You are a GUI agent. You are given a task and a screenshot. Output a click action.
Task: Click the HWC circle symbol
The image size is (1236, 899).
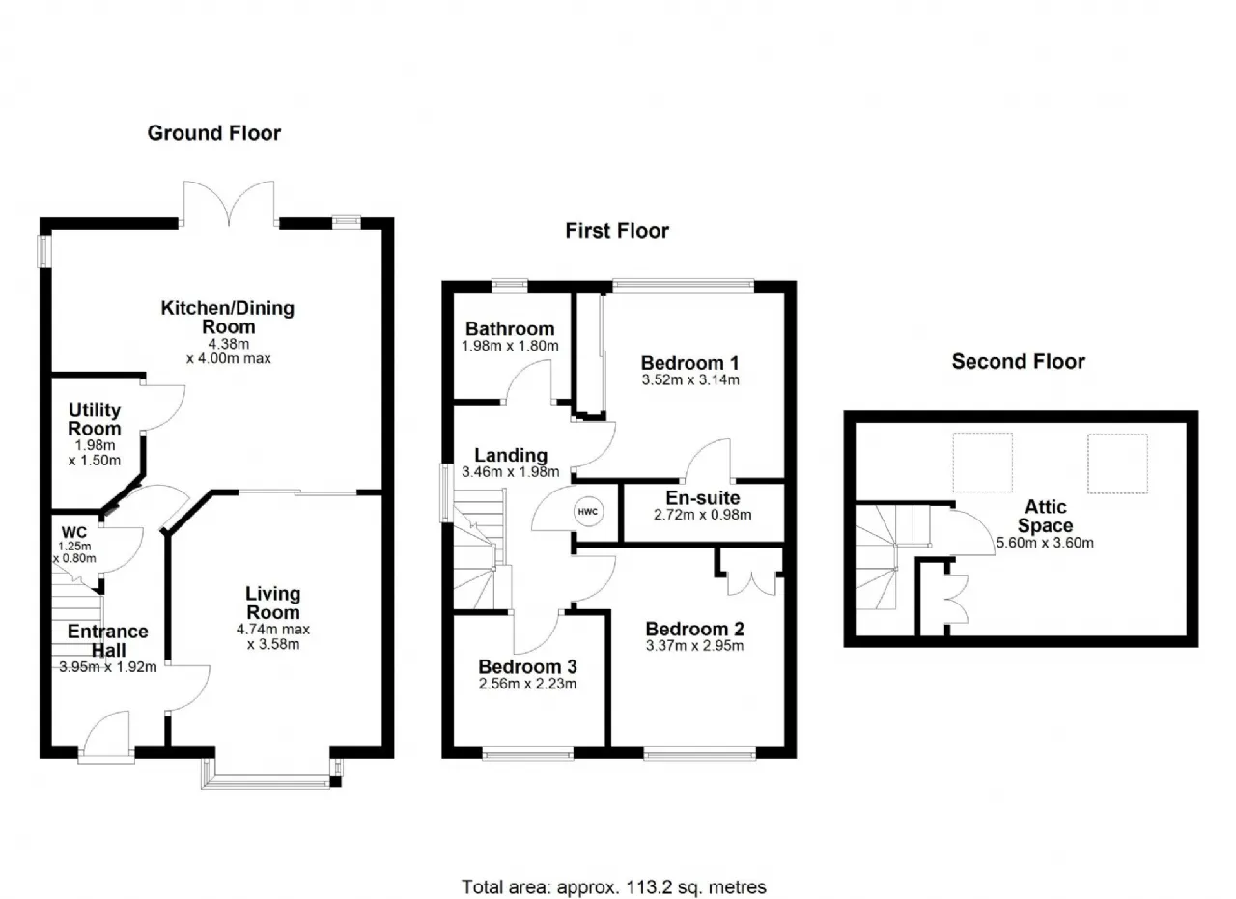pyautogui.click(x=588, y=511)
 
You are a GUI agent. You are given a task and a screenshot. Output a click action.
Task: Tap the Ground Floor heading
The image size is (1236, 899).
pyautogui.click(x=214, y=133)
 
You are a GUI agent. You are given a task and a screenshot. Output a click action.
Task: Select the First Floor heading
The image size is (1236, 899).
pyautogui.click(x=617, y=230)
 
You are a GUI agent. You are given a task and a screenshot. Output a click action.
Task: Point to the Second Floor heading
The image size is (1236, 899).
pyautogui.click(x=1018, y=361)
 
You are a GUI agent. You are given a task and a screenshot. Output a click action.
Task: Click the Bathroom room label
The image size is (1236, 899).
pyautogui.click(x=510, y=329)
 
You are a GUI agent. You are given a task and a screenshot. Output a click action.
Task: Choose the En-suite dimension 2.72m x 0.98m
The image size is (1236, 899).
pyautogui.click(x=702, y=515)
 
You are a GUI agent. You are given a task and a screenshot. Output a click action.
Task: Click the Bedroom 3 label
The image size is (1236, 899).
pyautogui.click(x=527, y=666)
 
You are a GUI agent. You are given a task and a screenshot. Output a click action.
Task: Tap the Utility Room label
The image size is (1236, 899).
pyautogui.click(x=95, y=419)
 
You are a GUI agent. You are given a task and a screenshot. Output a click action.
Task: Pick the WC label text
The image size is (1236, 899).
pyautogui.click(x=74, y=532)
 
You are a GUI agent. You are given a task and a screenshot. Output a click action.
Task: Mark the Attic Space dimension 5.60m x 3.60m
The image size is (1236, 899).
pyautogui.click(x=1045, y=543)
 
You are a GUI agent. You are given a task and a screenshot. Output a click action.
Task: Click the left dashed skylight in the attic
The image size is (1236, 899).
pyautogui.click(x=983, y=463)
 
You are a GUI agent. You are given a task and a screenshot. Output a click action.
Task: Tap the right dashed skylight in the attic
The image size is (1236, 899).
pyautogui.click(x=1117, y=464)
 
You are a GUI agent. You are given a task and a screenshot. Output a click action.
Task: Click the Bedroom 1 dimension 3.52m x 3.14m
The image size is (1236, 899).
pyautogui.click(x=690, y=380)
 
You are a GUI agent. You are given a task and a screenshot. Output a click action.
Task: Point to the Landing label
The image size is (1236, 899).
pyautogui.click(x=511, y=456)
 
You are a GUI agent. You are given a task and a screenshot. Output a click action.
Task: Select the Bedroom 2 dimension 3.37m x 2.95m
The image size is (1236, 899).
pyautogui.click(x=694, y=646)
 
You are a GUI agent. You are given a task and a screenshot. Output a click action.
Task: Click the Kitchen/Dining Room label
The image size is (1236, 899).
pyautogui.click(x=228, y=318)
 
